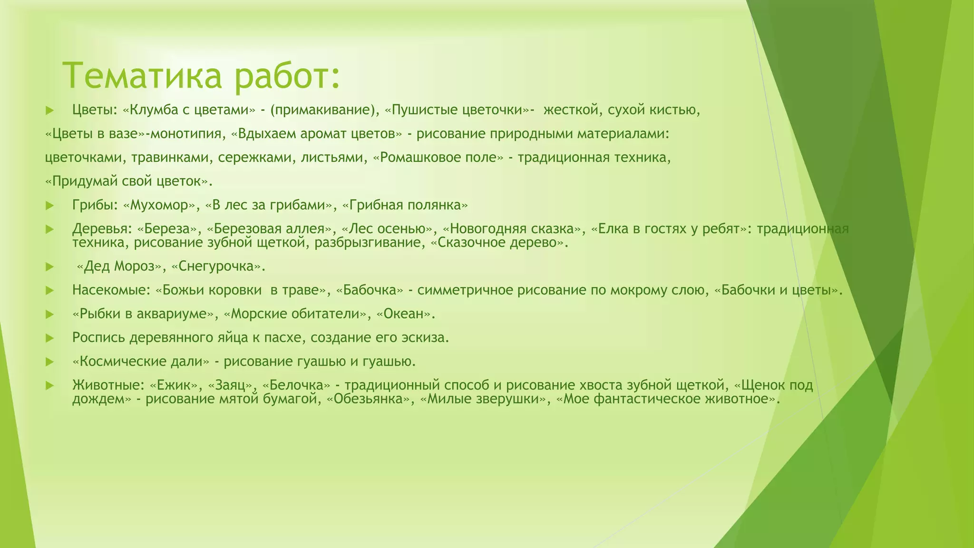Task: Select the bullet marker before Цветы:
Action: (x=49, y=111)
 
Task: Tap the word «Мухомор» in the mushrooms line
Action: (x=160, y=205)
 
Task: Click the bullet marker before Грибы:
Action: (x=49, y=206)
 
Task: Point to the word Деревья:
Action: (x=102, y=229)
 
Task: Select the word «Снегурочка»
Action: (x=217, y=266)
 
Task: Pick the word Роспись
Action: (x=98, y=338)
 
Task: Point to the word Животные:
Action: (x=108, y=385)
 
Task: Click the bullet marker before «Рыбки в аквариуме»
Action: (x=49, y=314)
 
